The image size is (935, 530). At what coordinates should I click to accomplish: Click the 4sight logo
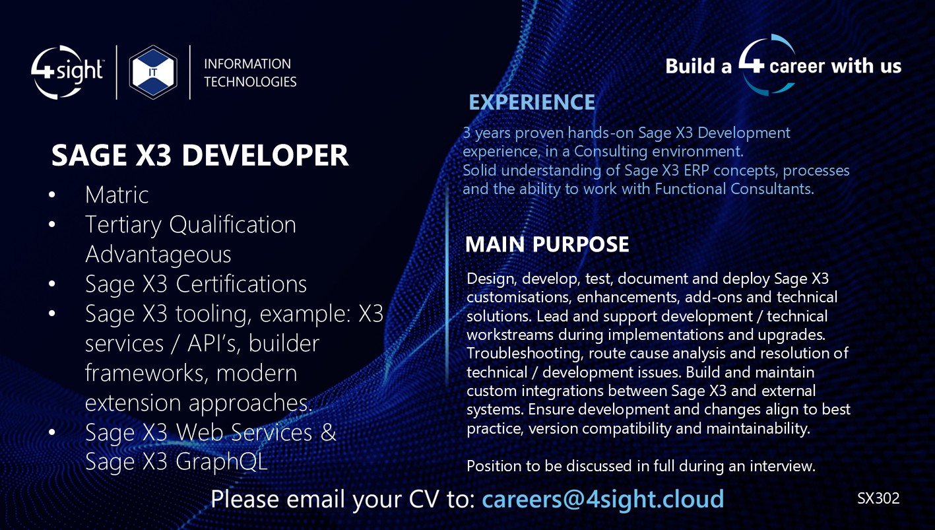[x=67, y=72]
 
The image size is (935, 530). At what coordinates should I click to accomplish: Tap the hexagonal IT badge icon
[x=153, y=72]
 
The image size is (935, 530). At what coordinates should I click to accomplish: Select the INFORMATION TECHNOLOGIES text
[x=250, y=73]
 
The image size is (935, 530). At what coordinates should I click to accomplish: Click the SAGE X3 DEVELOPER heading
[x=200, y=156]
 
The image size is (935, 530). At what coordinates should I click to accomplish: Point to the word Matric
[x=117, y=195]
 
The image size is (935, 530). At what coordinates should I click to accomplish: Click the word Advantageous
[x=158, y=254]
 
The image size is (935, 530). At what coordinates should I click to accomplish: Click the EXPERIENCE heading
[x=532, y=102]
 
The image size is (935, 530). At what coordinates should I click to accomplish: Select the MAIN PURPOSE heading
[x=547, y=244]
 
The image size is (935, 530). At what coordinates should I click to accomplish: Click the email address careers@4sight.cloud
[x=602, y=499]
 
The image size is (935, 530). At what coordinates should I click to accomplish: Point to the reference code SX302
[x=878, y=498]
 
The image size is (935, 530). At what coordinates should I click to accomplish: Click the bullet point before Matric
[x=53, y=195]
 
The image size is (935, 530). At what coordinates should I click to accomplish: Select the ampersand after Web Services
[x=328, y=432]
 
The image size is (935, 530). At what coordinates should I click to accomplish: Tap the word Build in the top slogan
[x=690, y=66]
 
